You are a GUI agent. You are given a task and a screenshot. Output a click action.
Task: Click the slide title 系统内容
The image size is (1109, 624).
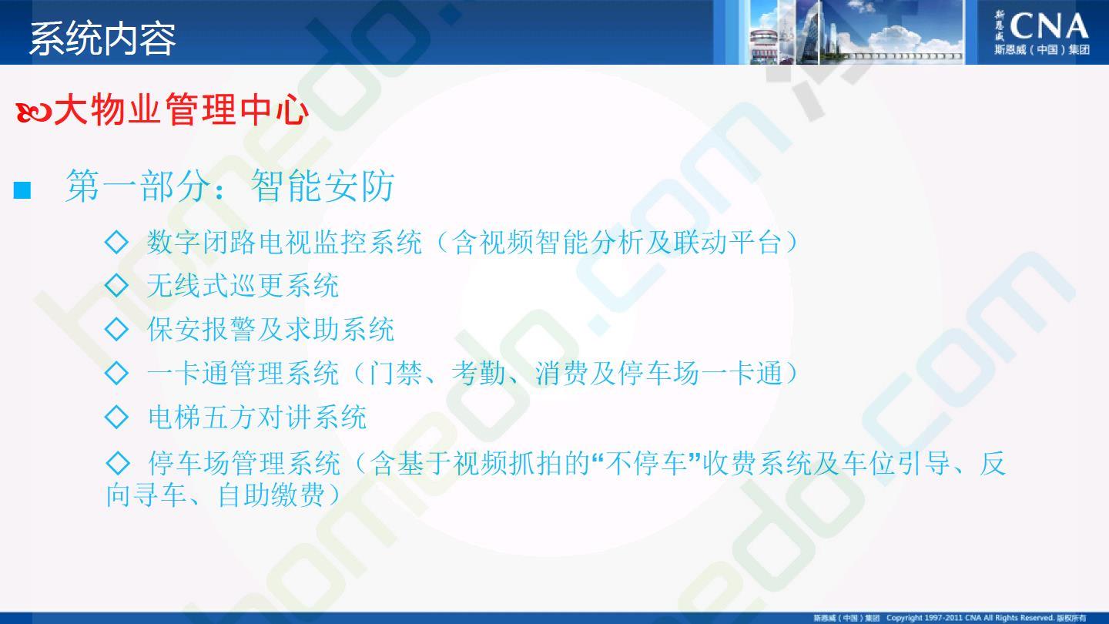[x=102, y=39]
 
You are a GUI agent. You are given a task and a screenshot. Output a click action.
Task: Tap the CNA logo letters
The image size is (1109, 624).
[x=1049, y=27]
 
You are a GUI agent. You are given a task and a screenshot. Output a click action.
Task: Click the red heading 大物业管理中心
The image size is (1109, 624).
[x=181, y=109]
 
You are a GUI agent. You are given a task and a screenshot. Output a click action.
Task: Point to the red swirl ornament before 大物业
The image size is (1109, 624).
[x=34, y=112]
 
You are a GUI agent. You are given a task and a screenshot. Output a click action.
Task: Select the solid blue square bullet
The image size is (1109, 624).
[x=22, y=190]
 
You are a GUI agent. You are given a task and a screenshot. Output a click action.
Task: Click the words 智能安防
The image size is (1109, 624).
[x=323, y=186]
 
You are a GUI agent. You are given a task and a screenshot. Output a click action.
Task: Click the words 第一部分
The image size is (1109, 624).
[x=138, y=186]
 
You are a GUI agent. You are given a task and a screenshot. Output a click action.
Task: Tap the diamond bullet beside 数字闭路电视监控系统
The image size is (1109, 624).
[x=117, y=242]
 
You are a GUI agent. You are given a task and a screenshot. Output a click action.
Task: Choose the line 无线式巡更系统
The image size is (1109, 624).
[x=243, y=286]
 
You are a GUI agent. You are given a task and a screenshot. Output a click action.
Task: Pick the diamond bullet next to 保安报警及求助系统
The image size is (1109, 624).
[x=117, y=330]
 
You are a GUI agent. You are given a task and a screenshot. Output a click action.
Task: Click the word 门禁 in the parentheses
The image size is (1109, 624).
[x=395, y=373]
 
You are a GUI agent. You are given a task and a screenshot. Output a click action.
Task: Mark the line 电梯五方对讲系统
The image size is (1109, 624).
[x=257, y=417]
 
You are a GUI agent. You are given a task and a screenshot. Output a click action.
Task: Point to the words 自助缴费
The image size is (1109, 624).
[x=271, y=495]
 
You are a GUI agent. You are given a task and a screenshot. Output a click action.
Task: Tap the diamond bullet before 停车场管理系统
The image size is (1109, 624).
[x=118, y=463]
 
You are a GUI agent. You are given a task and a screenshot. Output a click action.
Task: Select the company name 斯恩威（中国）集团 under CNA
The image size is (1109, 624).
[x=1043, y=49]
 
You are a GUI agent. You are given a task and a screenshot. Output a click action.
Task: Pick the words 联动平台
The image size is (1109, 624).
[x=727, y=242]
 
